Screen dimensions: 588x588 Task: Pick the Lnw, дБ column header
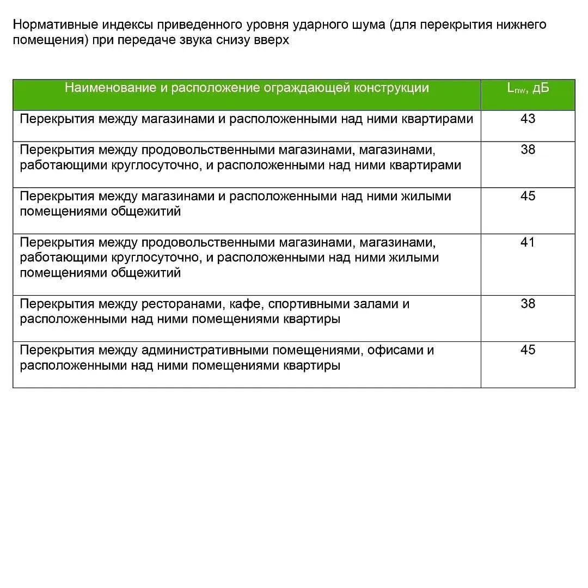[x=528, y=89]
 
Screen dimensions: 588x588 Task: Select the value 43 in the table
[x=528, y=119]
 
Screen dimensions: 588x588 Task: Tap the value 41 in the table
[x=528, y=242]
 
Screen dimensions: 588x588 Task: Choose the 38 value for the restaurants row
[x=528, y=304]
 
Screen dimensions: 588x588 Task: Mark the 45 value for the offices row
[x=528, y=350]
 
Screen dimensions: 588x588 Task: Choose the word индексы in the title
[x=127, y=25]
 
